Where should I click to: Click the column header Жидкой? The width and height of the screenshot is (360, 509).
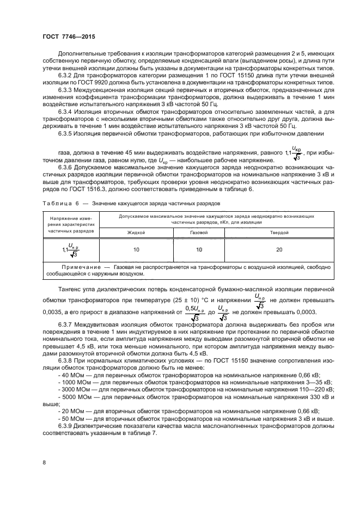click(136, 232)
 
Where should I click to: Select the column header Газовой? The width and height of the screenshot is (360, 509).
click(199, 232)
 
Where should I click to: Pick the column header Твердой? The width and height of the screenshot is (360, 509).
click(279, 232)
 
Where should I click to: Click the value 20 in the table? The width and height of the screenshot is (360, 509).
click(279, 249)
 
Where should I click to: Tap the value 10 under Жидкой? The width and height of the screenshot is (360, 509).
click(136, 249)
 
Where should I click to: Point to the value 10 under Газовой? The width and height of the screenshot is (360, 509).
click(199, 249)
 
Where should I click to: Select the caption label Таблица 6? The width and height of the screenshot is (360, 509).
click(61, 204)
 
